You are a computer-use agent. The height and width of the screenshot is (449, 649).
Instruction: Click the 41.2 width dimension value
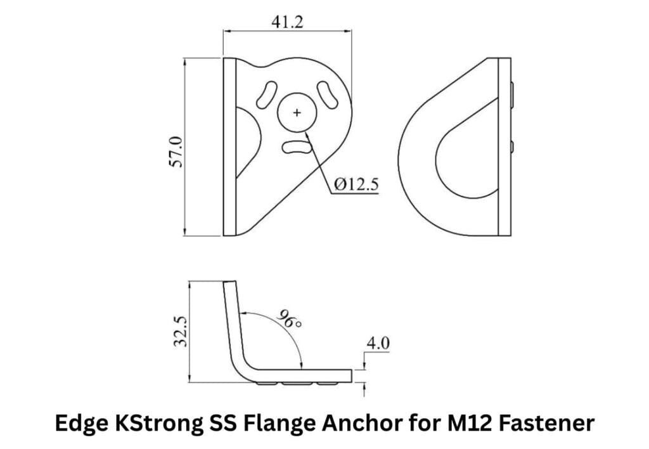point(287,22)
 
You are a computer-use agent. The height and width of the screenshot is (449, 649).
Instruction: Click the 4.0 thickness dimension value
point(378,343)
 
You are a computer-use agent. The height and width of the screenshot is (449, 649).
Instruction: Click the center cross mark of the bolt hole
point(297,112)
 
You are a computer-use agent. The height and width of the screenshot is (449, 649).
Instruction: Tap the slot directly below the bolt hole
point(297,147)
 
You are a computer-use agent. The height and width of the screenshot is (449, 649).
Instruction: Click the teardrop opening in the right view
point(466,155)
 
